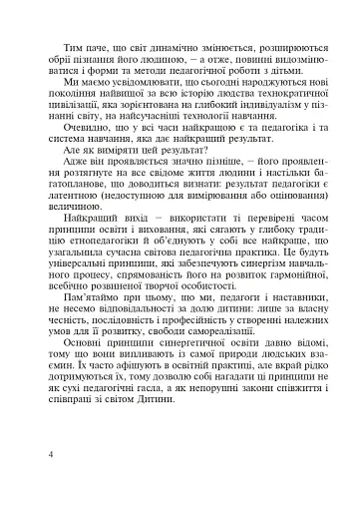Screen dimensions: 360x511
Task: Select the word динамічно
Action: coord(175,47)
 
